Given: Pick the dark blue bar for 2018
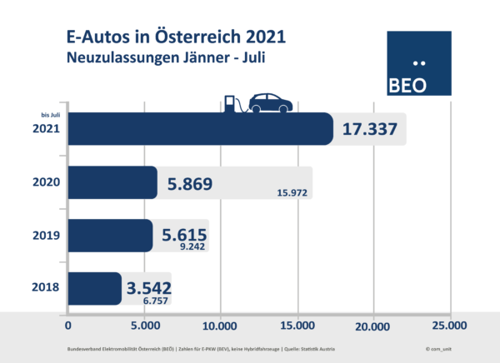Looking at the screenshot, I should (x=93, y=289).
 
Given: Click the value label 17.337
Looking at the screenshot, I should (x=369, y=130).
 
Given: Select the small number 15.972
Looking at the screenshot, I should (x=291, y=194).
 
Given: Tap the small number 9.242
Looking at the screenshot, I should (x=192, y=247).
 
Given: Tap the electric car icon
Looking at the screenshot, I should (x=268, y=103).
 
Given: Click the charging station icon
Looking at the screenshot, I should (x=231, y=104).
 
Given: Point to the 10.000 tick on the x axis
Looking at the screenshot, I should (x=220, y=325).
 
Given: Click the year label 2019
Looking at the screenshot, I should (x=46, y=236).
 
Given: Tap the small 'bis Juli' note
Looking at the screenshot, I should (x=50, y=115).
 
